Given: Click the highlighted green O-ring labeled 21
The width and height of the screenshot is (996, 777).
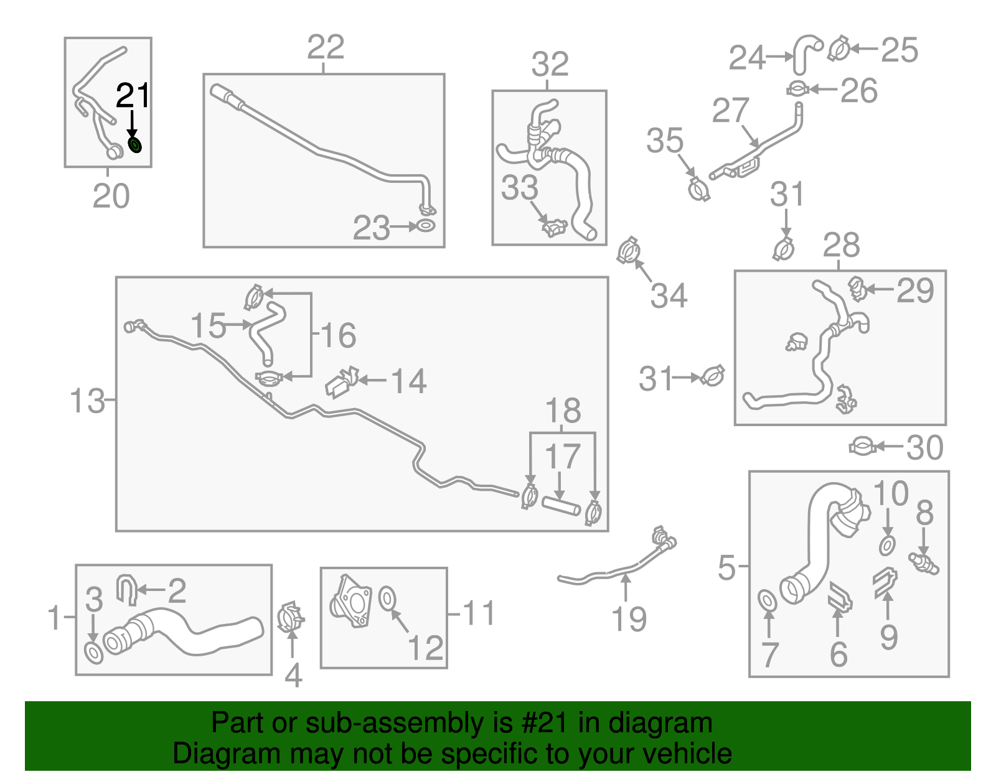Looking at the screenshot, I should [135, 145].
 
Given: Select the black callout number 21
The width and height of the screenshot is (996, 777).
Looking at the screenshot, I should [133, 95].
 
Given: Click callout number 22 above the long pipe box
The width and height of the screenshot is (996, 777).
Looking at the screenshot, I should [326, 47].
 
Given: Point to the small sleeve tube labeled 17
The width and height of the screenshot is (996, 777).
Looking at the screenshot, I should [561, 505].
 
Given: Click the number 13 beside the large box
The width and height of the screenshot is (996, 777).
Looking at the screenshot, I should [87, 401].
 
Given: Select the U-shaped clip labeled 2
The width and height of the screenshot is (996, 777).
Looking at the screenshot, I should [126, 589].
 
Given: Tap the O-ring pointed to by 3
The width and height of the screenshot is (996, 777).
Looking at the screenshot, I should [93, 653].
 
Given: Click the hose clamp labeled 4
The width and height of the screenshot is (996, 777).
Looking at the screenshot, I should [290, 618].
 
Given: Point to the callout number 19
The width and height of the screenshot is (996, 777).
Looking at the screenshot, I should [629, 619].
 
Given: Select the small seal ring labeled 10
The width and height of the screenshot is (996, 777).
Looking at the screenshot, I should [887, 546].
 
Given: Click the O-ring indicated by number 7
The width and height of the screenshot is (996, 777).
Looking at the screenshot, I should [768, 602].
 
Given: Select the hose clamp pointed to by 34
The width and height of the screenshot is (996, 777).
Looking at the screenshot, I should [629, 251].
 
